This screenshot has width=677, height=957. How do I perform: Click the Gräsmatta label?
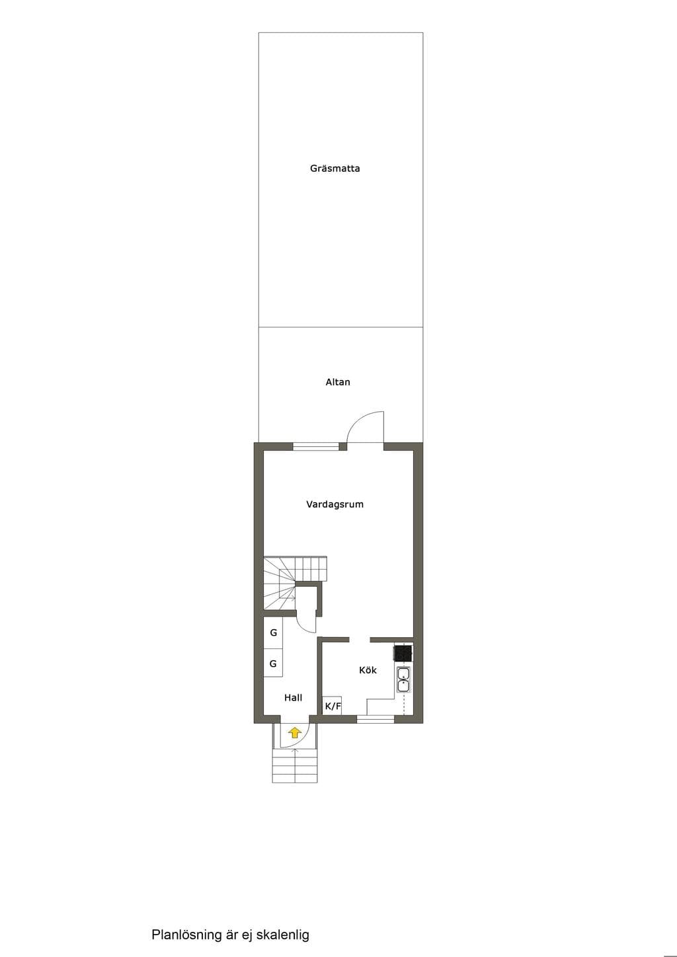[x=335, y=169]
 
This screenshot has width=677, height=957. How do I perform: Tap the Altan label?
[x=338, y=382]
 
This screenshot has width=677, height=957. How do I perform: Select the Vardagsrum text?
[x=335, y=504]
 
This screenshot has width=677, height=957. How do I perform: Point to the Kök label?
[x=368, y=670]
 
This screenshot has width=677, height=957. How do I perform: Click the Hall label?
[x=293, y=698]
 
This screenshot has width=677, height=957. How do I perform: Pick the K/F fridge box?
[x=332, y=705]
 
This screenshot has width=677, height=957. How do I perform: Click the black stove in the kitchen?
[x=403, y=653]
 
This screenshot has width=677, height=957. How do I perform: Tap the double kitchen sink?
[x=403, y=679]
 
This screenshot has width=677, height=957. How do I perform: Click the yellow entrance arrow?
[x=294, y=733]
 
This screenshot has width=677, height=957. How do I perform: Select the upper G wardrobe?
[x=273, y=632]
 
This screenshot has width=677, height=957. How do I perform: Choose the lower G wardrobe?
[x=273, y=664]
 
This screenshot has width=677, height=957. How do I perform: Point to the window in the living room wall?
[x=315, y=447]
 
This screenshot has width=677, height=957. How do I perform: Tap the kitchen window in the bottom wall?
[x=376, y=720]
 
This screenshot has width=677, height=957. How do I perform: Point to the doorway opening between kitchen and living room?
[x=360, y=640]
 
